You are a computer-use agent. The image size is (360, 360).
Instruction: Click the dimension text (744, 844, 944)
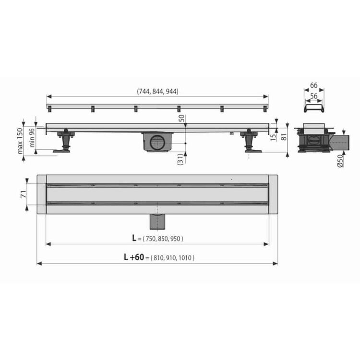(157, 91)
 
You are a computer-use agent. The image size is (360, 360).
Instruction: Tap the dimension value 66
(313, 85)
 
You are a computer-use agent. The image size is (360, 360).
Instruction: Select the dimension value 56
(313, 96)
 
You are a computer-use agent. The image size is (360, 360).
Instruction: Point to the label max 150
(20, 141)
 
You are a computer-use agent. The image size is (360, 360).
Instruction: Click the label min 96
(32, 138)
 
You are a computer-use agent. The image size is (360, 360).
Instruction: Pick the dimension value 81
(284, 137)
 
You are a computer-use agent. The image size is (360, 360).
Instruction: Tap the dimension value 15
(273, 137)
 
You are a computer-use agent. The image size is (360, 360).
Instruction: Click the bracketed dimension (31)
(180, 159)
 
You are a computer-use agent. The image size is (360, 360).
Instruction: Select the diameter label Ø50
(340, 161)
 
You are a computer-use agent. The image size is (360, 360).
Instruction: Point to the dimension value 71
(24, 194)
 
